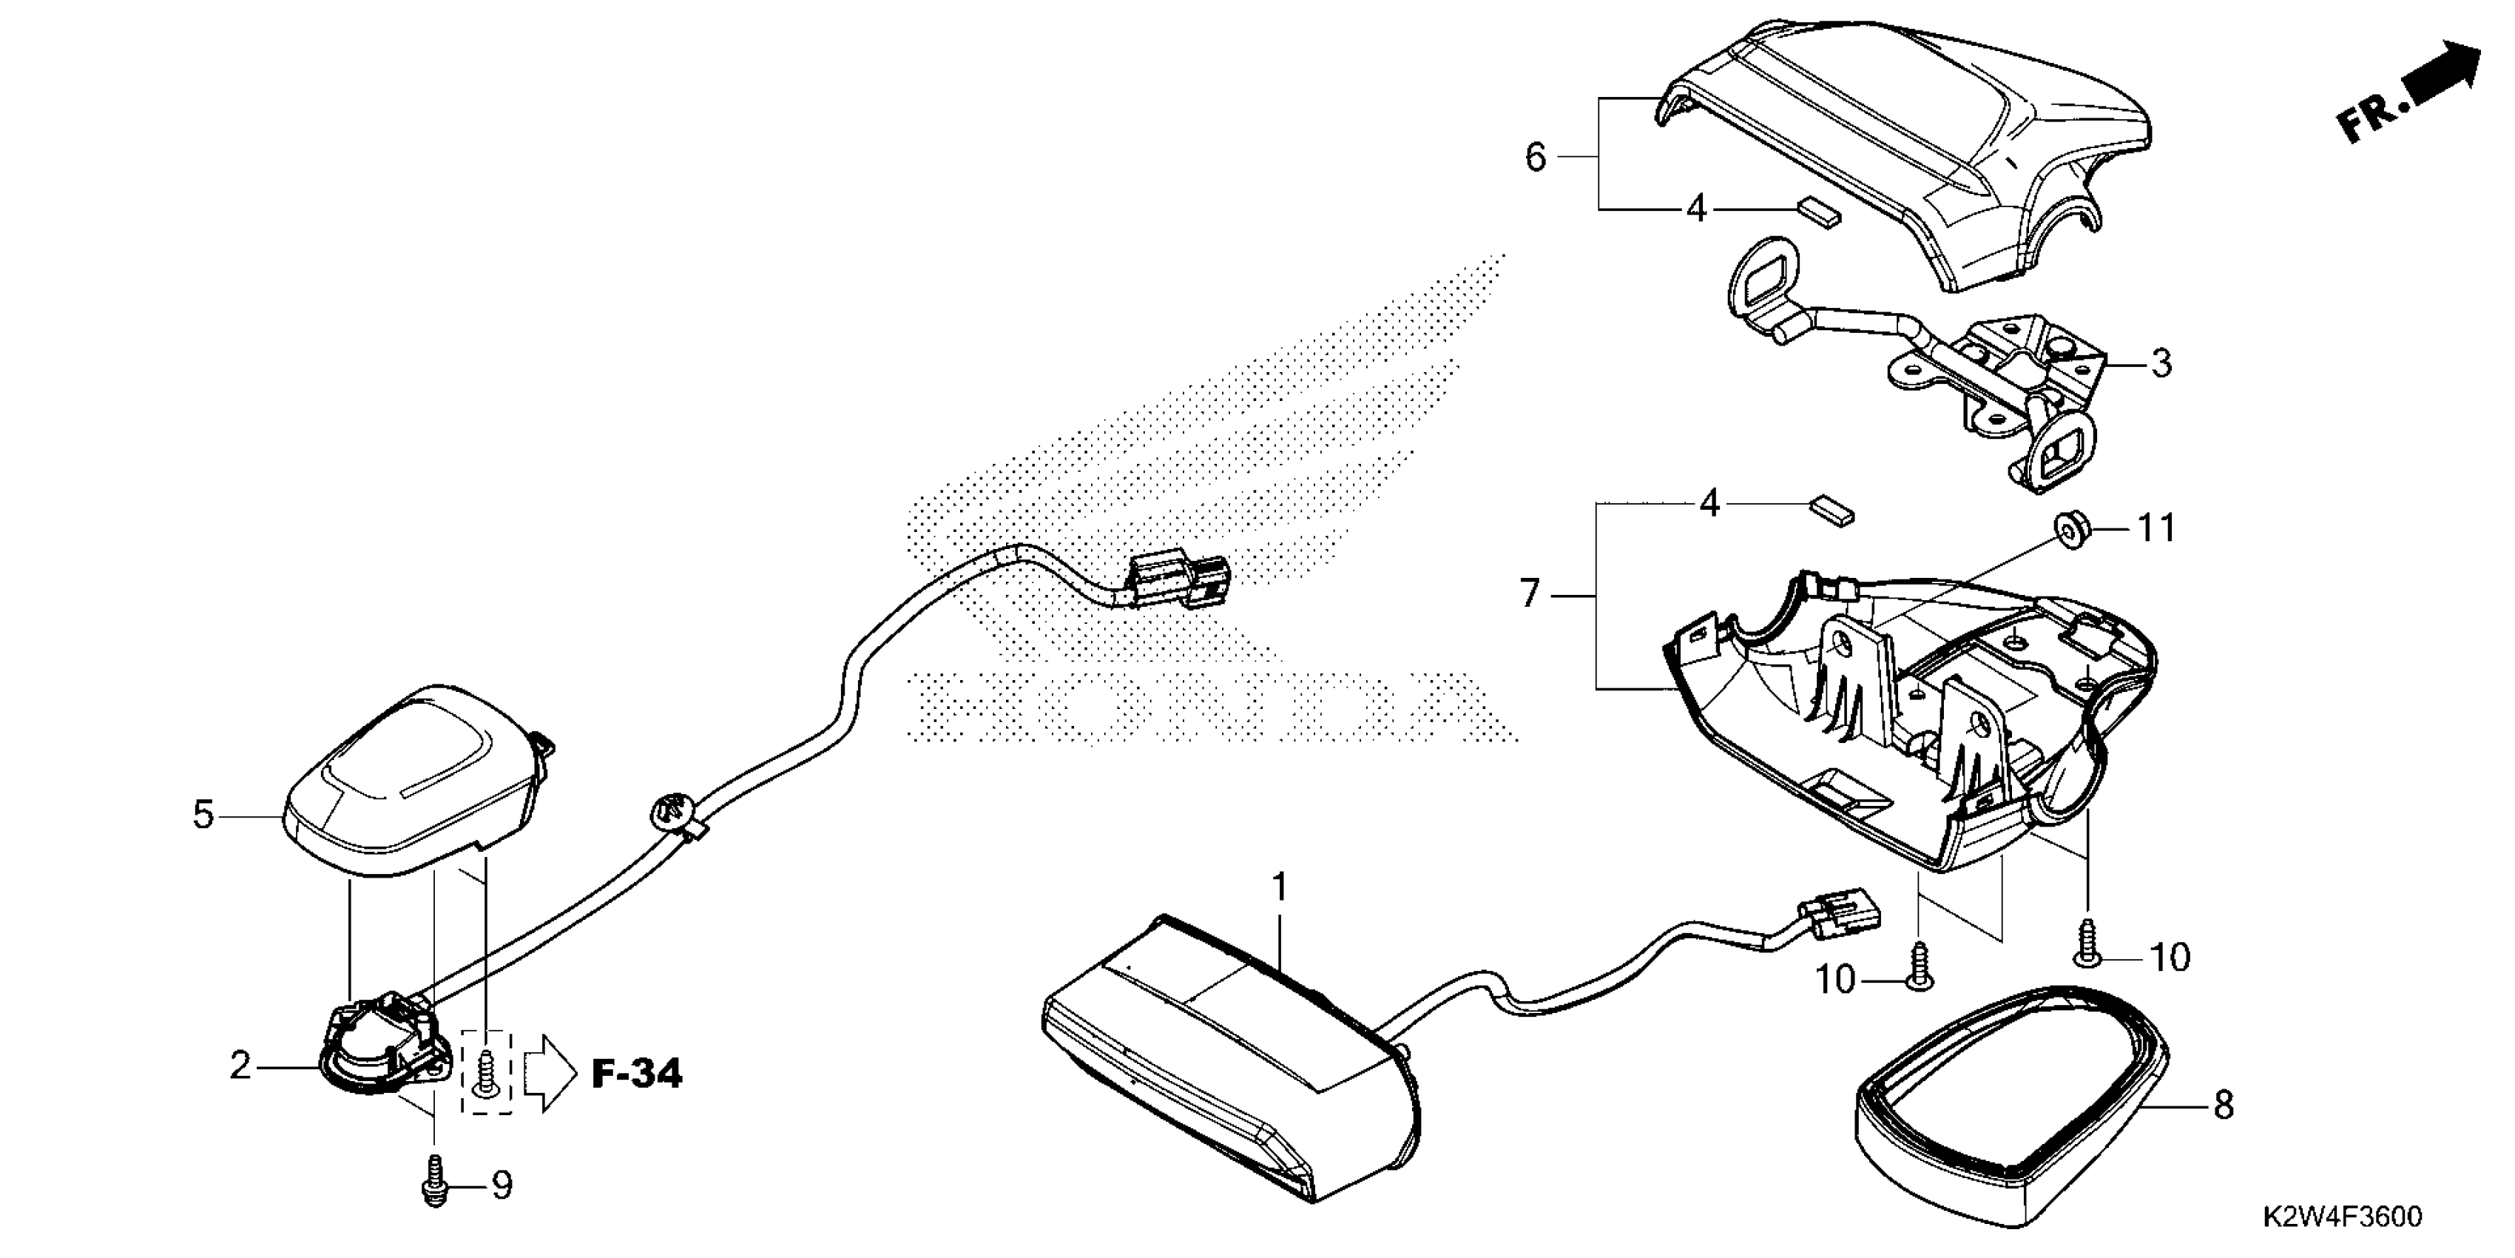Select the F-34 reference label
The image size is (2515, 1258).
pyautogui.click(x=638, y=1074)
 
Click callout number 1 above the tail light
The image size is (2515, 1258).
pyautogui.click(x=1279, y=888)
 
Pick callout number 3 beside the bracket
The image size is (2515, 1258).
pyautogui.click(x=2161, y=363)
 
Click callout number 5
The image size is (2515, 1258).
pyautogui.click(x=203, y=813)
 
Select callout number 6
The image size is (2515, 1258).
pyautogui.click(x=1536, y=156)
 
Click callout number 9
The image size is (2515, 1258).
pyautogui.click(x=501, y=1185)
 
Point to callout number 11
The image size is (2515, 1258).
pyautogui.click(x=2157, y=528)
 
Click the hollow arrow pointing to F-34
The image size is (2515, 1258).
pyautogui.click(x=550, y=1074)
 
